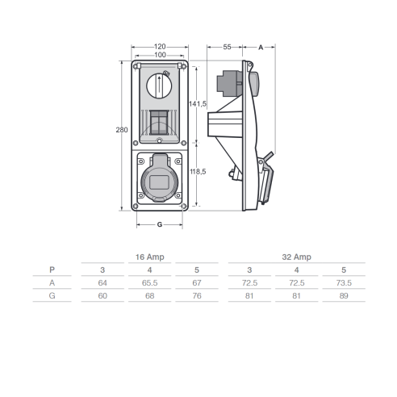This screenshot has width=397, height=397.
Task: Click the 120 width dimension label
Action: pos(160,47)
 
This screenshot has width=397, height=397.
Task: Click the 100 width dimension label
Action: pos(160,55)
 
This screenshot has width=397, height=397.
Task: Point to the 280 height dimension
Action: pos(122,130)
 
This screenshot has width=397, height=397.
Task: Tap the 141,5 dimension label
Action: pos(198,103)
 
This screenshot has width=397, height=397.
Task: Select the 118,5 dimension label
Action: pos(198,171)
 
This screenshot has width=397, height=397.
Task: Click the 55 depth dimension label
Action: pos(227,47)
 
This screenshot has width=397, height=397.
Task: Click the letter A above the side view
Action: pos(261,48)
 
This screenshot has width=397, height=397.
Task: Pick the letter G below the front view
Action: pos(160,224)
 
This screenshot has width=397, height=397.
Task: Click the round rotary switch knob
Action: pos(159,86)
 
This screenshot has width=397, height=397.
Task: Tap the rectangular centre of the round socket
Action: pos(159,182)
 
